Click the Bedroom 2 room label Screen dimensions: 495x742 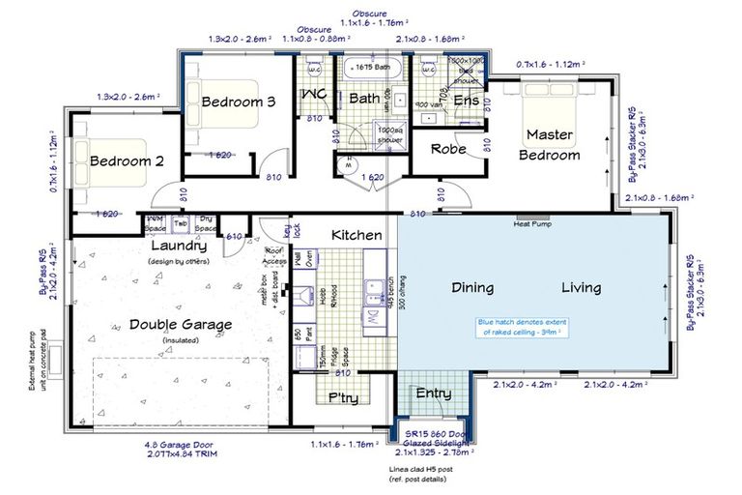pos(127,161)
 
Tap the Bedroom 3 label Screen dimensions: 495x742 pos(239,102)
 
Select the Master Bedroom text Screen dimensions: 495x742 pos(550,144)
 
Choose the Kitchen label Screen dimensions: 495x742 pos(357,235)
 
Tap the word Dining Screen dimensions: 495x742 pos(472,287)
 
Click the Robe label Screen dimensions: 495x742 pos(448,149)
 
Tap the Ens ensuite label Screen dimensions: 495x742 pos(466,100)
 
